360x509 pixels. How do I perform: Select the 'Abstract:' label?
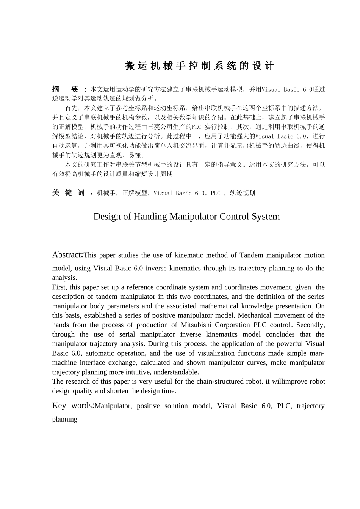[x=67, y=254]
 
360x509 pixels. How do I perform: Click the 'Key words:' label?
[x=73, y=405]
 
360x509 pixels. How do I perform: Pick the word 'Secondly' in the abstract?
[x=310, y=325]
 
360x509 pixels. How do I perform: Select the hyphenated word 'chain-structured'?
[x=221, y=381]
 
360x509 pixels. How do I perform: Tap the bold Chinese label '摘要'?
[x=65, y=89]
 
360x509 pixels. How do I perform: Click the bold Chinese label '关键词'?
[x=68, y=193]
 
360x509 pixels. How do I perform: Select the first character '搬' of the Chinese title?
[x=130, y=66]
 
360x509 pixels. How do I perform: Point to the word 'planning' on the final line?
[x=65, y=419]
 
